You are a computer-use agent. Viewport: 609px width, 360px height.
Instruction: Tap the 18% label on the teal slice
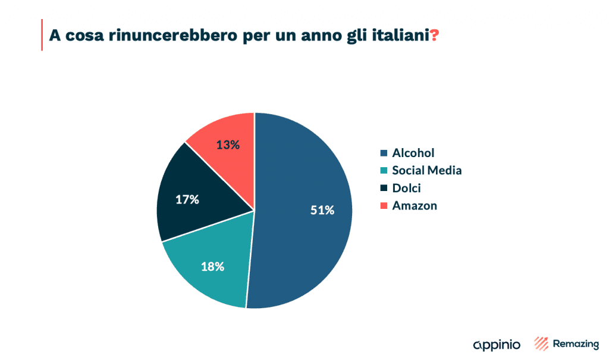[x=212, y=267]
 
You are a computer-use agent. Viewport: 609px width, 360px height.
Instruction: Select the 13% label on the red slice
[x=228, y=145]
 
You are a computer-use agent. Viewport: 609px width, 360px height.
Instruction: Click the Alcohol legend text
[x=413, y=154]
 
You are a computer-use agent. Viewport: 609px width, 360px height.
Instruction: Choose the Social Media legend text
[x=426, y=171]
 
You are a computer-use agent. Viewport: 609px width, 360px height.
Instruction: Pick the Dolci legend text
[x=407, y=188]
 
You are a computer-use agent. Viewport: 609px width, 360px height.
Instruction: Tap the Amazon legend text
[x=415, y=206]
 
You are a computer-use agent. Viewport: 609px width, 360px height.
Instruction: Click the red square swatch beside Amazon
[x=384, y=206]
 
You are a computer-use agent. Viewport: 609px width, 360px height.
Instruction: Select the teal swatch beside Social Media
[x=384, y=171]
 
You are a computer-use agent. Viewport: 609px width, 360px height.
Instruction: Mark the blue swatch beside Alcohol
[x=384, y=154]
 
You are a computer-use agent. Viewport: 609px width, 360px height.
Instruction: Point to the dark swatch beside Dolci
[x=384, y=189]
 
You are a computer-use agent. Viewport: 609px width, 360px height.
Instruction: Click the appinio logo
[x=497, y=345]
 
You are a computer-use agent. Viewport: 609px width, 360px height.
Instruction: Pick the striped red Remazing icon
[x=541, y=343]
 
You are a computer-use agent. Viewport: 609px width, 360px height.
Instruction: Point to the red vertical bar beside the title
[x=42, y=35]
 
